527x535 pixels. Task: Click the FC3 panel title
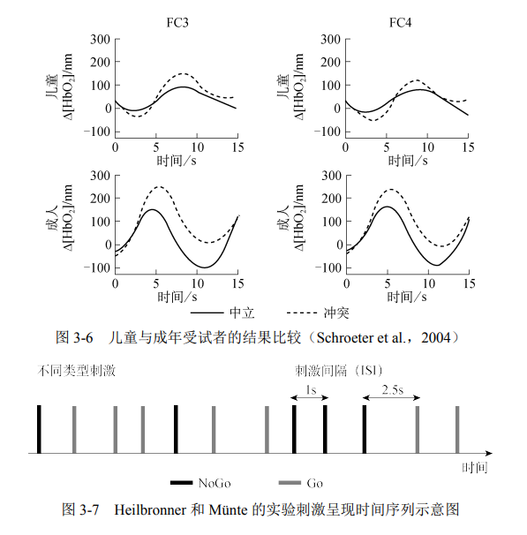pyautogui.click(x=176, y=21)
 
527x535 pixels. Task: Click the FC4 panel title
pyautogui.click(x=405, y=21)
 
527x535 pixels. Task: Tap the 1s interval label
pyautogui.click(x=311, y=389)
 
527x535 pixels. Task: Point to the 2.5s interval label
pyautogui.click(x=394, y=389)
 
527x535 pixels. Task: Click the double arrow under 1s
pyautogui.click(x=310, y=400)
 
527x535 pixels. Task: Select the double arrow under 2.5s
pyautogui.click(x=390, y=400)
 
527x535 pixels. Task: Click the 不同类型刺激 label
pyautogui.click(x=77, y=371)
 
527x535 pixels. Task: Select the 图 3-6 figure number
pyautogui.click(x=75, y=337)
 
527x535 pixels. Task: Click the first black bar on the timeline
pyautogui.click(x=39, y=429)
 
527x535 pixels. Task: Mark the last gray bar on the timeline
pyautogui.click(x=456, y=429)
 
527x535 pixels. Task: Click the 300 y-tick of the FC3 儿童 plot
pyautogui.click(x=99, y=39)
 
